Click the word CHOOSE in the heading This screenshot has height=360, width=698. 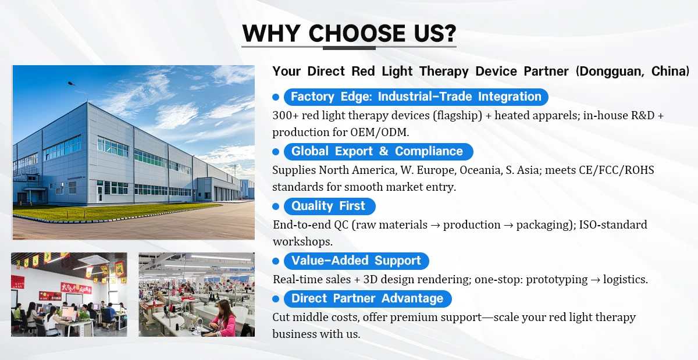click(x=357, y=33)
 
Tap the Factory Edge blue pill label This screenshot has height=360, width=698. click(x=416, y=97)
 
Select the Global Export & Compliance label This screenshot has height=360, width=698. click(x=379, y=151)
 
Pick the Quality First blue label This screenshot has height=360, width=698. click(x=330, y=206)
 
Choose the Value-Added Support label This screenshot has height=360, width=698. click(x=357, y=261)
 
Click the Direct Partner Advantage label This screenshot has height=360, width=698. click(x=368, y=298)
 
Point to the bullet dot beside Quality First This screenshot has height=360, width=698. click(x=276, y=206)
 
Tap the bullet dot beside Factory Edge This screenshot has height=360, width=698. click(x=276, y=97)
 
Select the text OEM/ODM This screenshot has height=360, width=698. click(x=379, y=132)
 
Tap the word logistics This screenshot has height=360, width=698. click(x=625, y=279)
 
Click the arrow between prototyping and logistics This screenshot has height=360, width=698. click(x=595, y=280)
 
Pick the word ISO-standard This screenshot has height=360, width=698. click(x=613, y=224)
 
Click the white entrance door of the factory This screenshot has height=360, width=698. click(x=99, y=193)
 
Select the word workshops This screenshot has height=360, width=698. click(x=302, y=242)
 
